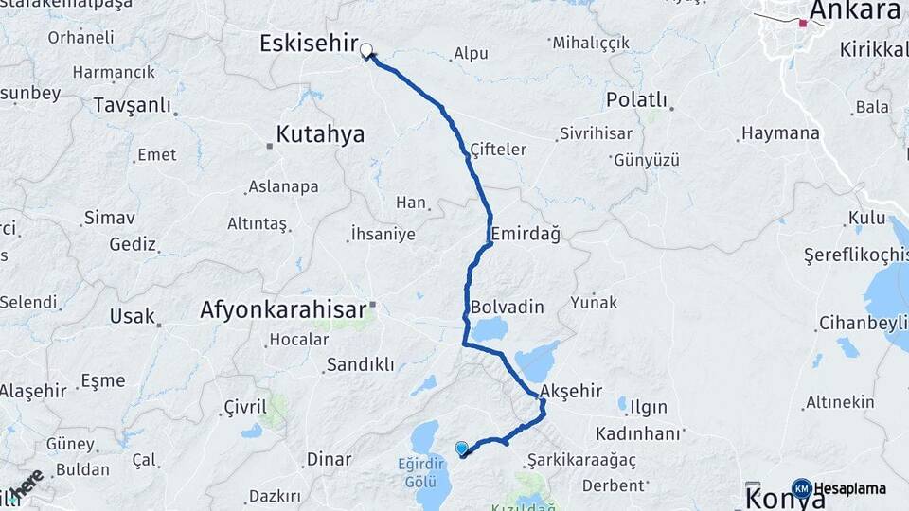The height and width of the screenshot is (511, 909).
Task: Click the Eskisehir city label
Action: [x=309, y=44]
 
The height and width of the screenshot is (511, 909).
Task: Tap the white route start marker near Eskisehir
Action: [x=365, y=52]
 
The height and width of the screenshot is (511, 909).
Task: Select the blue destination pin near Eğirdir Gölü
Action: [x=461, y=449]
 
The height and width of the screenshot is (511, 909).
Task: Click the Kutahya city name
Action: [x=320, y=133]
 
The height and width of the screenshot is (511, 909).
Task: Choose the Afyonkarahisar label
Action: [x=282, y=309]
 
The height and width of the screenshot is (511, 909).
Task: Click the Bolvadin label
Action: [x=508, y=308]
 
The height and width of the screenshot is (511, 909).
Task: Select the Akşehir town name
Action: [x=569, y=393]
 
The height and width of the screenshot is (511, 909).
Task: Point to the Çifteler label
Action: [x=498, y=150]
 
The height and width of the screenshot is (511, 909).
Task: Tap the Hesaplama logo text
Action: [x=850, y=488]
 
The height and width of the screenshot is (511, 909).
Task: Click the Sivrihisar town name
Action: [x=596, y=132]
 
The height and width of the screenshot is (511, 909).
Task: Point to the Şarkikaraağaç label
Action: [x=582, y=459]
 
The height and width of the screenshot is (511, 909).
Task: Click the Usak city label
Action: [x=132, y=316]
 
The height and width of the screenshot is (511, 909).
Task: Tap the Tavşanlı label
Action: [x=132, y=105]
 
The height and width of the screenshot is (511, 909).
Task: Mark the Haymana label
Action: [x=780, y=133]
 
